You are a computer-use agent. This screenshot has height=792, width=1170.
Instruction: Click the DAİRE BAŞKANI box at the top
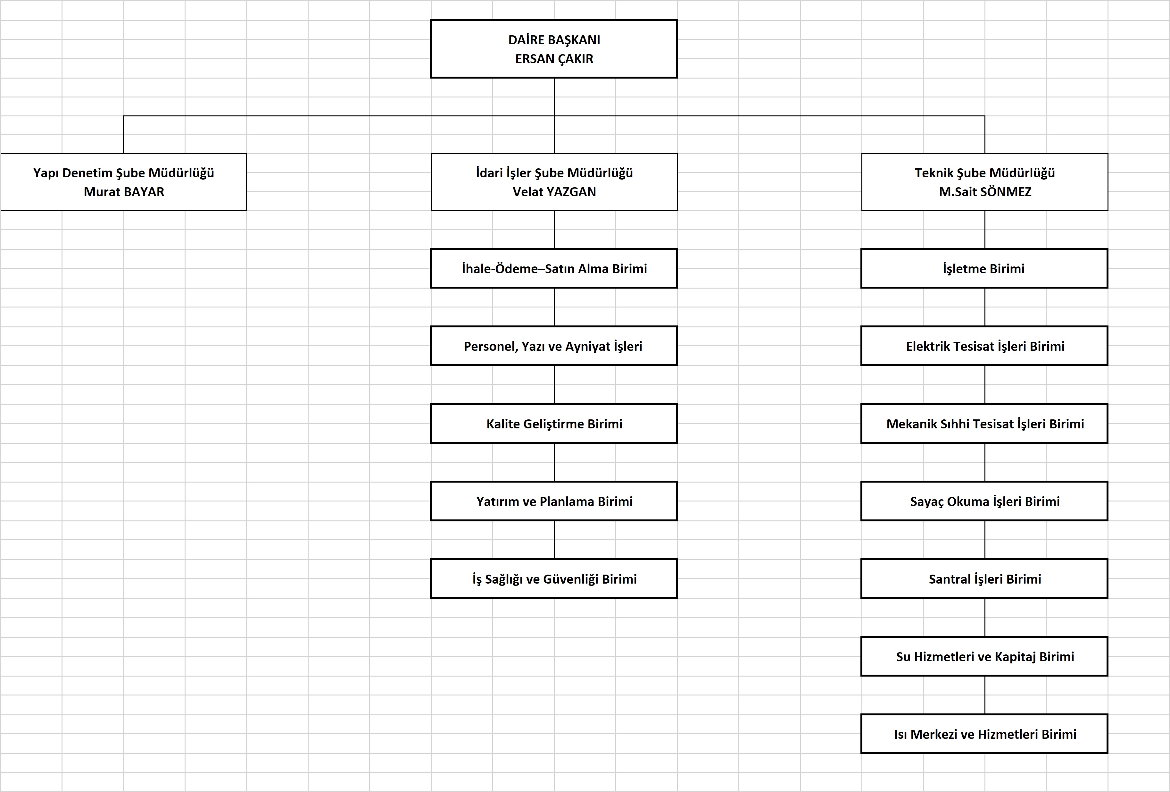[553, 49]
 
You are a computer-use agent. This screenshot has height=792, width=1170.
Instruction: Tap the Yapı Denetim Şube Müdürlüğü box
[123, 182]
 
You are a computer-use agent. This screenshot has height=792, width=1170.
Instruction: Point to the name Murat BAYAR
[124, 192]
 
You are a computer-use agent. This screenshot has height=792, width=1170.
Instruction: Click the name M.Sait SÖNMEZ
[985, 192]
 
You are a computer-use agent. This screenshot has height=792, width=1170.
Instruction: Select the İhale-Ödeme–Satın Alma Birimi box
[553, 268]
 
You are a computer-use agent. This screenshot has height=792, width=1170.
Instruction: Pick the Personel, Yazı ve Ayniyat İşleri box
[553, 346]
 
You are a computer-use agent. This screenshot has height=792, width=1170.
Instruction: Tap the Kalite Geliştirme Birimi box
[553, 423]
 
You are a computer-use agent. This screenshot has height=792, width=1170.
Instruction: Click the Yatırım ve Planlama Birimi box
[553, 501]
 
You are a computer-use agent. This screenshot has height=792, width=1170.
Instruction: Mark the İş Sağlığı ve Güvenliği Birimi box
[553, 578]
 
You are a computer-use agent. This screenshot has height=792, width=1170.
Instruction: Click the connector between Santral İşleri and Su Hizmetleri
[985, 617]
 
